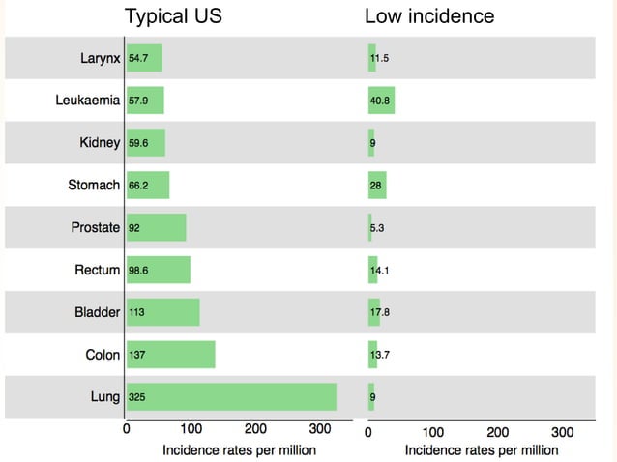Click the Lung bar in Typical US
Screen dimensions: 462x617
[x=232, y=397]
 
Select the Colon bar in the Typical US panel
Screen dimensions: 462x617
[x=171, y=355]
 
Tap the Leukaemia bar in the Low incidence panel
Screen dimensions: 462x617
[x=381, y=100]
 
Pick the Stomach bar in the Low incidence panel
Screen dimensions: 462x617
[x=377, y=185]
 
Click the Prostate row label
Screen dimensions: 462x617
[x=96, y=228]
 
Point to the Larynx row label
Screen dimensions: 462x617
[x=100, y=58]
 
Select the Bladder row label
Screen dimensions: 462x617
[x=97, y=312]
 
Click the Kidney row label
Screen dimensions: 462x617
[x=100, y=143]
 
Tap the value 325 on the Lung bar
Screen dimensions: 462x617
[x=137, y=397]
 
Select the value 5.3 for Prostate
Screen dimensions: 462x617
[x=379, y=228]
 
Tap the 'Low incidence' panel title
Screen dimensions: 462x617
[x=428, y=16]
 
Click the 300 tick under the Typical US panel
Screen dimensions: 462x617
[x=319, y=430]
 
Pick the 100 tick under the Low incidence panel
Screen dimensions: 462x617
[x=432, y=431]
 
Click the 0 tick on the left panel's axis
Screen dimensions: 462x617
[x=127, y=430]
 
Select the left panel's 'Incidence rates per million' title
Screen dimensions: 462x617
[x=239, y=449]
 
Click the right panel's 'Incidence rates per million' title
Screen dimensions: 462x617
[x=481, y=449]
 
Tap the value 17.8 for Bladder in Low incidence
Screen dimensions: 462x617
[x=380, y=312]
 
